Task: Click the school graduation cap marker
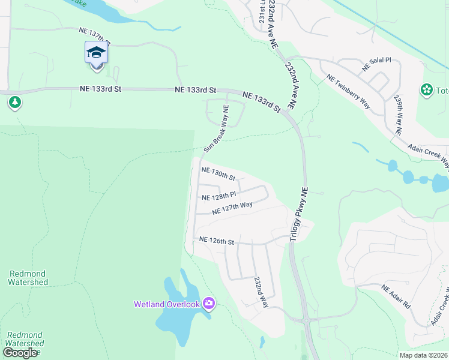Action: (96, 54)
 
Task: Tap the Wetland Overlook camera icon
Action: (208, 304)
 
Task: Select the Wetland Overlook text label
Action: (166, 304)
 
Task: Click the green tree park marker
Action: (15, 103)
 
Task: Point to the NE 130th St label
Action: (218, 173)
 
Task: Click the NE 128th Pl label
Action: (218, 196)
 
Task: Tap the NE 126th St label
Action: (216, 241)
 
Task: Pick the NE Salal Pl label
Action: (376, 65)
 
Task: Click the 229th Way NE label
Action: (398, 113)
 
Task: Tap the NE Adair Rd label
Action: (396, 296)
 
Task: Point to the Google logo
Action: (20, 353)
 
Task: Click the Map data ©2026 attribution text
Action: (424, 355)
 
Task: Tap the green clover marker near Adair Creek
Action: (427, 90)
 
